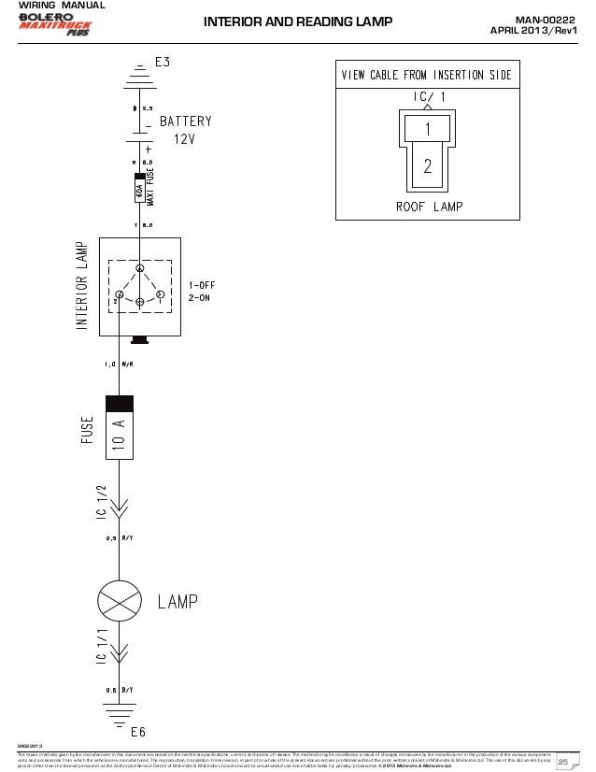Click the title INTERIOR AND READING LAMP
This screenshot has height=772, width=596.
(298, 22)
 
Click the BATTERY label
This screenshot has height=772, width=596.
(186, 122)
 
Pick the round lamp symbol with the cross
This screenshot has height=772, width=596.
(119, 600)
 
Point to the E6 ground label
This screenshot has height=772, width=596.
(139, 731)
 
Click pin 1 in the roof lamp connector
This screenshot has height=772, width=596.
(426, 129)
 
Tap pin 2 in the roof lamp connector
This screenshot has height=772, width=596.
(426, 166)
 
